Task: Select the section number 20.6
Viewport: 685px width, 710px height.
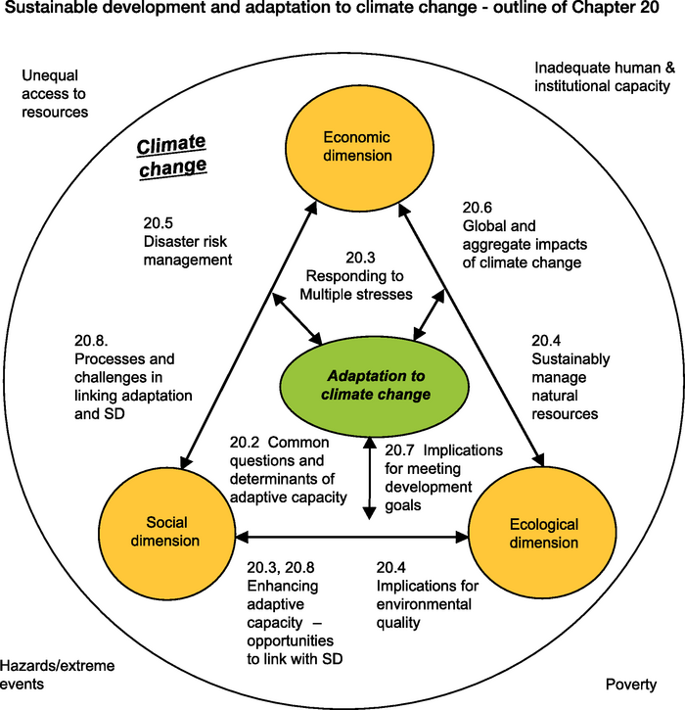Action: click(x=478, y=208)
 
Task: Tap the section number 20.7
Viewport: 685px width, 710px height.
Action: click(x=401, y=451)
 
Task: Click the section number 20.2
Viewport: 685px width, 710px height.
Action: click(x=247, y=443)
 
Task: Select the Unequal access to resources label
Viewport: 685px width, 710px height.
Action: click(x=55, y=93)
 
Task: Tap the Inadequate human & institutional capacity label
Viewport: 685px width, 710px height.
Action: click(x=604, y=76)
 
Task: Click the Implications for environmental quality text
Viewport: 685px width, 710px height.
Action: click(x=427, y=603)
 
